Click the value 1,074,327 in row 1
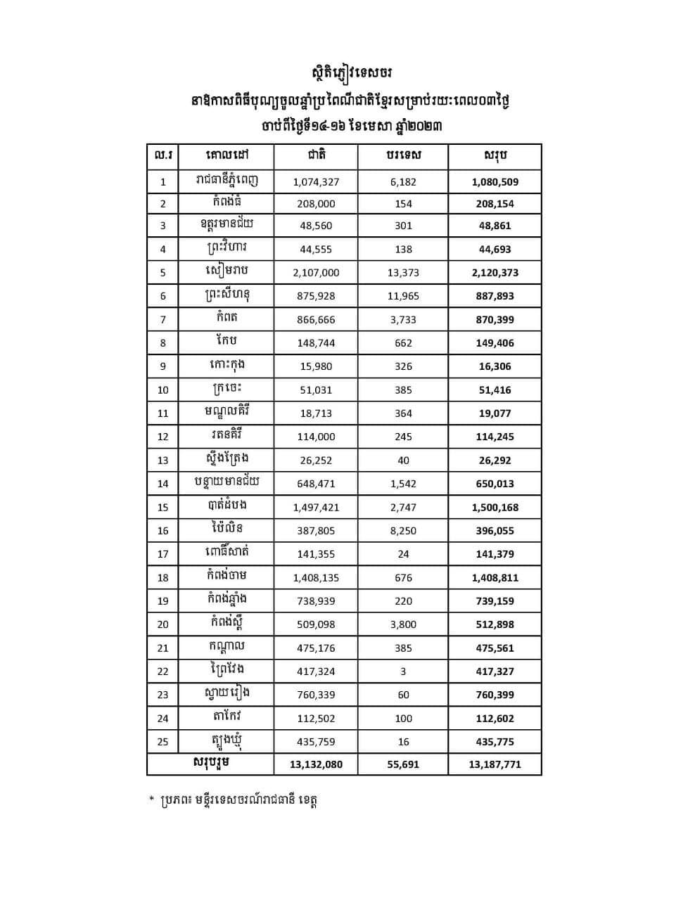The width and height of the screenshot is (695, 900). pyautogui.click(x=316, y=181)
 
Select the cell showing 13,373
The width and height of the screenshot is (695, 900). pyautogui.click(x=403, y=273)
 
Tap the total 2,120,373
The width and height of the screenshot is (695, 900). pyautogui.click(x=495, y=273)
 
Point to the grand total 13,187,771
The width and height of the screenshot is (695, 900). pyautogui.click(x=495, y=764)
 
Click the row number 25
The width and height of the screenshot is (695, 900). pyautogui.click(x=163, y=742)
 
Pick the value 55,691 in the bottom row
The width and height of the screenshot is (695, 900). pyautogui.click(x=403, y=764)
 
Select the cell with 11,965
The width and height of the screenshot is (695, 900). pyautogui.click(x=403, y=296)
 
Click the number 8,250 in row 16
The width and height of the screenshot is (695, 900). pyautogui.click(x=403, y=531)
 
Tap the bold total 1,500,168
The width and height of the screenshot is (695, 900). pyautogui.click(x=495, y=507)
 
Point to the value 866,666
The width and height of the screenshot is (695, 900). pyautogui.click(x=316, y=319)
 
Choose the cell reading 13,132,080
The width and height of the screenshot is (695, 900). pyautogui.click(x=316, y=764)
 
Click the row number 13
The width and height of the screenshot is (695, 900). pyautogui.click(x=163, y=461)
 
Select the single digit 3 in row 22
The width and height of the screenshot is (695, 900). pyautogui.click(x=403, y=671)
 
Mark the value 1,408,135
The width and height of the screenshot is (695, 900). pyautogui.click(x=316, y=578)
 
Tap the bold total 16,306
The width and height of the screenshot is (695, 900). pyautogui.click(x=495, y=366)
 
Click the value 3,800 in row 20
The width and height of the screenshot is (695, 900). pyautogui.click(x=403, y=624)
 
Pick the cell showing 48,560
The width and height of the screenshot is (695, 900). pyautogui.click(x=316, y=226)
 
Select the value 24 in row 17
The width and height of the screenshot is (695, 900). pyautogui.click(x=403, y=554)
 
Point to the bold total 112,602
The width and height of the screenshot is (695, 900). pyautogui.click(x=495, y=719)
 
